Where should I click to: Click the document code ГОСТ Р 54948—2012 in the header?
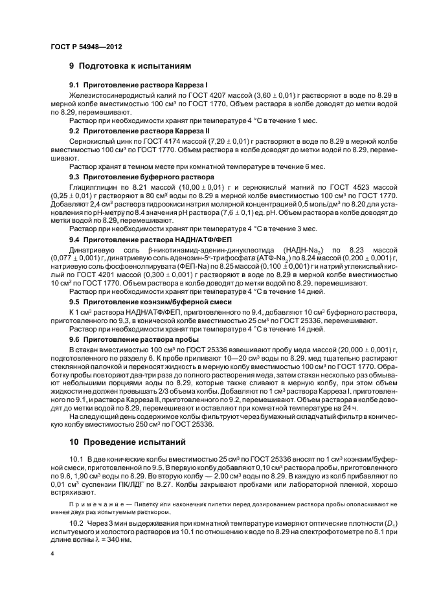pyautogui.click(x=86, y=48)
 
